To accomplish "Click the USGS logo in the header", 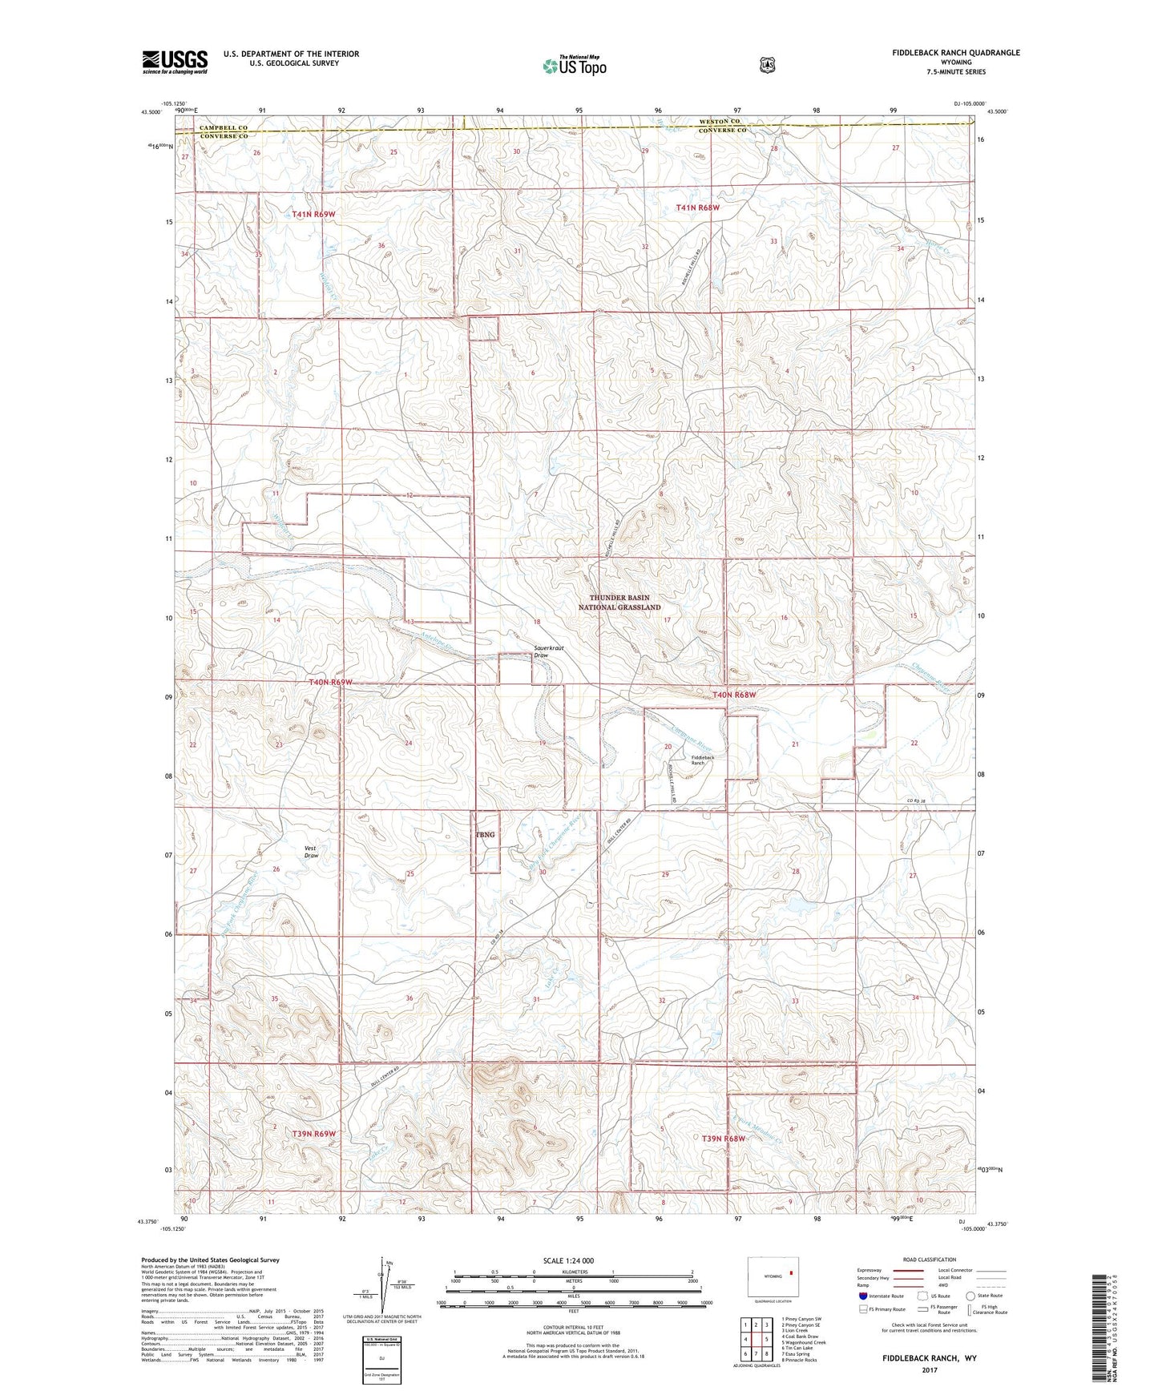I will click(x=175, y=62).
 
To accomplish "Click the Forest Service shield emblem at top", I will click(x=767, y=65).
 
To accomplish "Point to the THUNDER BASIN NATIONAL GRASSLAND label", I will click(x=619, y=603).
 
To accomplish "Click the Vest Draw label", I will click(x=311, y=852).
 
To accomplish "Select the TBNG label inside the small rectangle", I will click(x=485, y=835).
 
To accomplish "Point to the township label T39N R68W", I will click(x=724, y=1139).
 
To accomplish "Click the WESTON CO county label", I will click(x=719, y=121).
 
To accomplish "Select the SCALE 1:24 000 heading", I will click(x=568, y=1260).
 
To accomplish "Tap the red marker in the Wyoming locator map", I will click(x=790, y=1271).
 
